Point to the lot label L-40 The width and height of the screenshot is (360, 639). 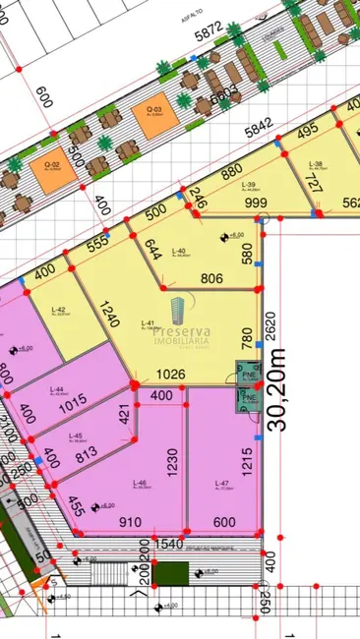[x=179, y=251]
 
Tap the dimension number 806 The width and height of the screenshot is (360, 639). [x=210, y=279]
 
